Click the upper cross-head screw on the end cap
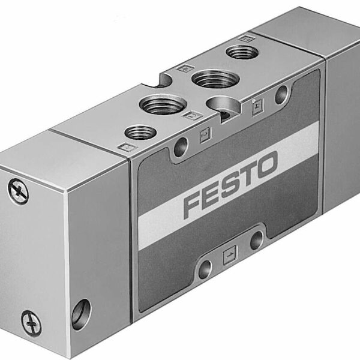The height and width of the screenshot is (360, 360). (19, 191)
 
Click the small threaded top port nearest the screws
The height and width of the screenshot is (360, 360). (136, 132)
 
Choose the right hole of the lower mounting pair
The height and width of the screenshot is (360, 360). (256, 240)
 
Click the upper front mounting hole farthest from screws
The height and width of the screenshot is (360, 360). (280, 94)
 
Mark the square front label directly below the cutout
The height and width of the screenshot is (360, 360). (204, 137)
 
